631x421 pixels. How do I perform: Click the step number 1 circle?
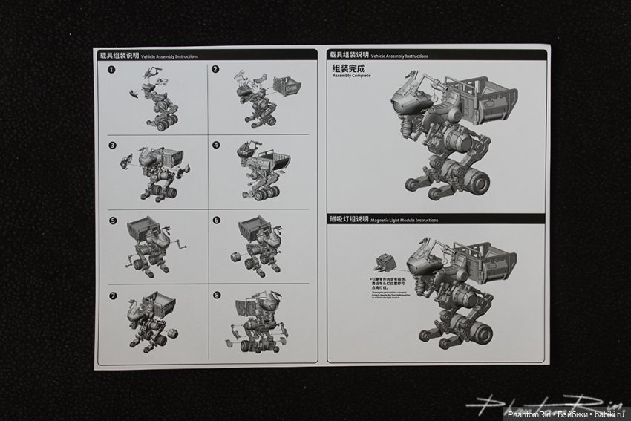click(x=111, y=70)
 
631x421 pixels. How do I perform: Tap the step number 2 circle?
click(x=215, y=70)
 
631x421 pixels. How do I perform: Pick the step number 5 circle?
click(x=111, y=221)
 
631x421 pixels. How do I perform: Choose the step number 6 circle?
click(x=216, y=221)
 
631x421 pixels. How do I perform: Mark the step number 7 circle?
click(x=111, y=295)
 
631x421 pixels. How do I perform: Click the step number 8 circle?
click(x=216, y=295)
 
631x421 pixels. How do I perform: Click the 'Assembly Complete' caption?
click(x=353, y=76)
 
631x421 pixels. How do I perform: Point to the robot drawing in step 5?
click(x=156, y=245)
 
